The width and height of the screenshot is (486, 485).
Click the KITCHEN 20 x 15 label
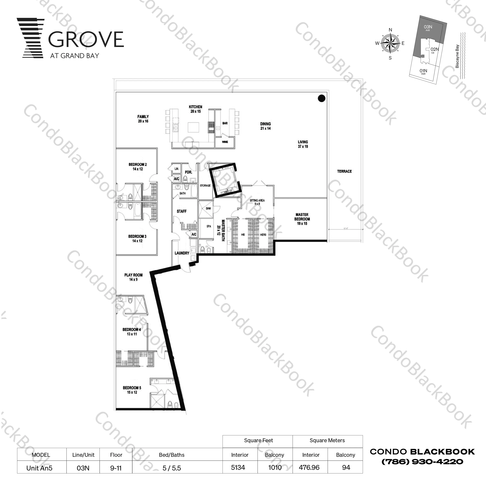click(x=195, y=109)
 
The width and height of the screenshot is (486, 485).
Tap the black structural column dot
click(x=321, y=98)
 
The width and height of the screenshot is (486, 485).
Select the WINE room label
click(x=225, y=142)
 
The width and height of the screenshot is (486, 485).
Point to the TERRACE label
click(x=344, y=171)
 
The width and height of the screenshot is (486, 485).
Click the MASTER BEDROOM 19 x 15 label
click(x=302, y=219)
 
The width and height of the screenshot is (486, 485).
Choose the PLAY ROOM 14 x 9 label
click(x=133, y=277)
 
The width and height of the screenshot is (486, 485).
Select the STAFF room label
click(x=182, y=211)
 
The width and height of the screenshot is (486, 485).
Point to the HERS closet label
click(x=263, y=235)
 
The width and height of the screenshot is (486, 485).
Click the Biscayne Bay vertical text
click(x=457, y=56)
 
